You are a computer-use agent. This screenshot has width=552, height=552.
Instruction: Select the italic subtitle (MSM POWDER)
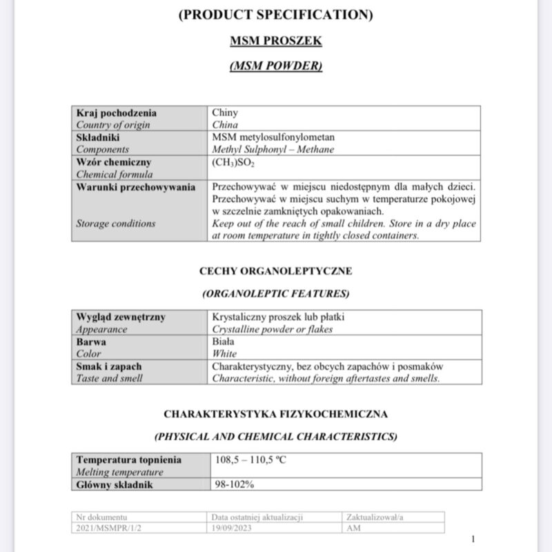[x=275, y=66]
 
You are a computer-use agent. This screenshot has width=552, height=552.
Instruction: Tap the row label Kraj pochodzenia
[x=117, y=113]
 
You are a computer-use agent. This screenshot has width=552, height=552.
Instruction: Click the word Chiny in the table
[x=225, y=113]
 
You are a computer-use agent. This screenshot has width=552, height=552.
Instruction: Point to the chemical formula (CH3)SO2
[x=234, y=161]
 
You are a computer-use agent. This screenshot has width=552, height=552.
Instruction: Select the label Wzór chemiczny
[x=113, y=161]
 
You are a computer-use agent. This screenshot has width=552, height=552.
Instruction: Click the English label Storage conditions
[x=116, y=224]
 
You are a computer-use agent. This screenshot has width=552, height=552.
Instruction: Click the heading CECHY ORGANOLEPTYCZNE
[x=275, y=271]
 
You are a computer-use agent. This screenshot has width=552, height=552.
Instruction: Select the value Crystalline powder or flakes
[x=273, y=329]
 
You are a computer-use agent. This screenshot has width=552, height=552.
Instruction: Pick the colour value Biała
[x=224, y=342]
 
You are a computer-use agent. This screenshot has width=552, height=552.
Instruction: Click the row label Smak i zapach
[x=109, y=366]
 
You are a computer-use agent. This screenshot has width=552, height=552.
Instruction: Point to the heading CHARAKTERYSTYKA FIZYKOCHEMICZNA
[x=275, y=414]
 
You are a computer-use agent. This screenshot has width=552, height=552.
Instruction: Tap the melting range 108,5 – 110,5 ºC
[x=249, y=460]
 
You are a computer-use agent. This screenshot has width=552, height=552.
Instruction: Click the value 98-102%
[x=233, y=484]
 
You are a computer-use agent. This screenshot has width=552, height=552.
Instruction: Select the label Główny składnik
[x=115, y=484]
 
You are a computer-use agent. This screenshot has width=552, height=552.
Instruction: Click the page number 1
[x=473, y=539]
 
